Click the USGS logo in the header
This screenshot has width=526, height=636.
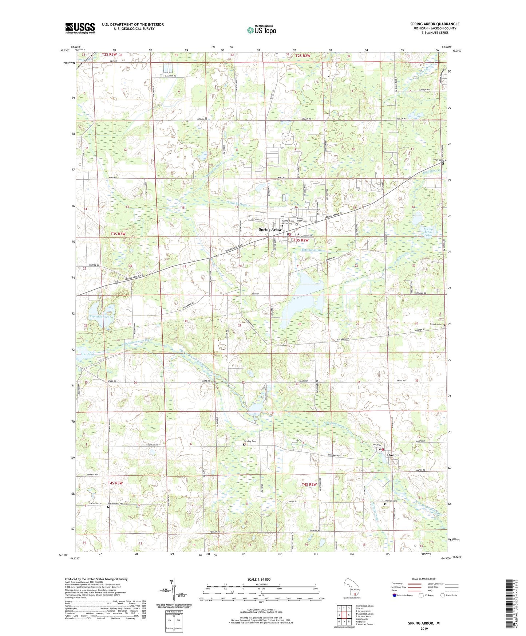tap(80, 28)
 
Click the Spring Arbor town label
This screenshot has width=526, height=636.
tap(270, 230)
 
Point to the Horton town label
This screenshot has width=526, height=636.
tap(393, 455)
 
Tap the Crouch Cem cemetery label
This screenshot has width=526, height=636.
tap(435, 325)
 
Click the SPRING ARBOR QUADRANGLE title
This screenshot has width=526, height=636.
tap(435, 24)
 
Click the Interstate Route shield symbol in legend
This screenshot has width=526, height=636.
tap(395, 595)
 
